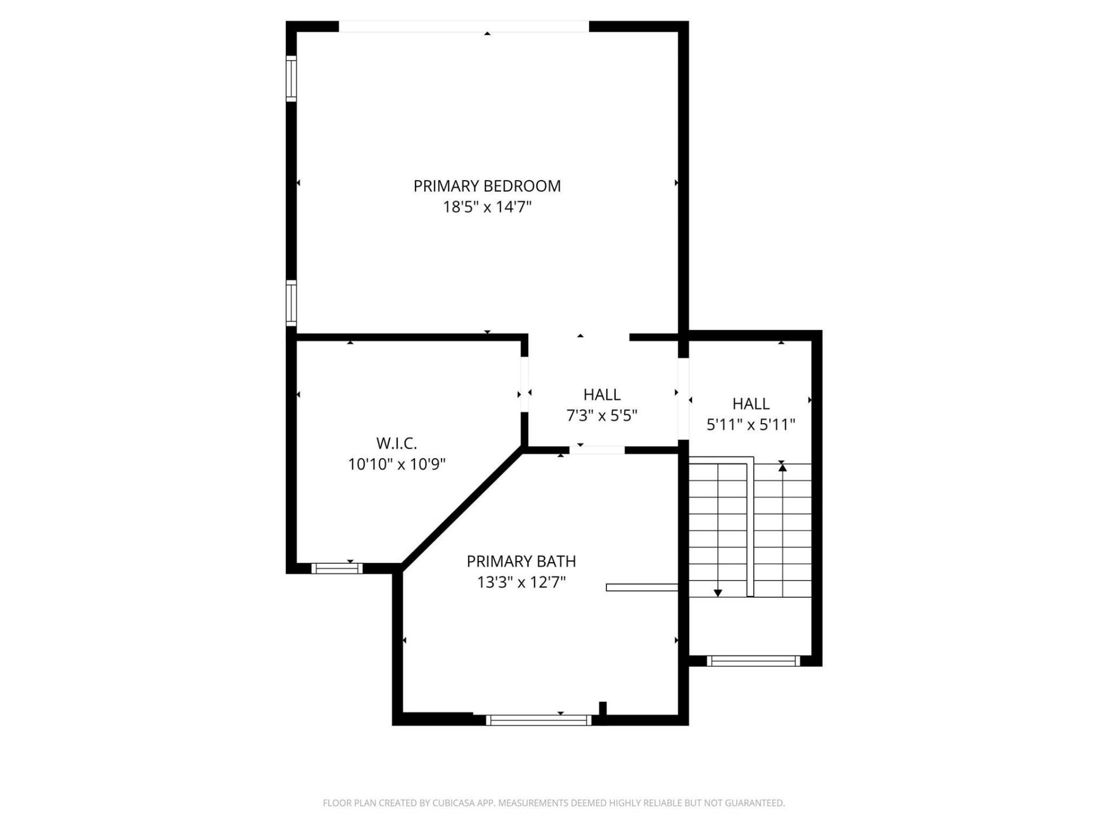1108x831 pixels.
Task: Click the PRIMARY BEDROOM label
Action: (x=486, y=186)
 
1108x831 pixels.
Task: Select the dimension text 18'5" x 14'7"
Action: (x=486, y=207)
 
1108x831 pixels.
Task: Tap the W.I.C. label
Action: (x=396, y=443)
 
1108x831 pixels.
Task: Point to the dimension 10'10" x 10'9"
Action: (x=396, y=464)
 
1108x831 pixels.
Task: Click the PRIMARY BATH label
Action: (x=521, y=561)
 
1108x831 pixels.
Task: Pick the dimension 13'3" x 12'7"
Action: (x=521, y=582)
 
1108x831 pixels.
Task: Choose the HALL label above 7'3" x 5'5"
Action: (x=602, y=395)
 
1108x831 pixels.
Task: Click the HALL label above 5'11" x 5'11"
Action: (x=751, y=404)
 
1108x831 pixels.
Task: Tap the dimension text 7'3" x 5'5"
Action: (x=602, y=415)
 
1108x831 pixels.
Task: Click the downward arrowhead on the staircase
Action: (x=718, y=593)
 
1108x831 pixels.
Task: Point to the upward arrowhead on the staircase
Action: (x=783, y=467)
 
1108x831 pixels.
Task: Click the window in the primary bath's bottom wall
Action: (x=538, y=720)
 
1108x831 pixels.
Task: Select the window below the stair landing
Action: (x=753, y=661)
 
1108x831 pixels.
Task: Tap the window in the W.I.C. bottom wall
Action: (x=337, y=568)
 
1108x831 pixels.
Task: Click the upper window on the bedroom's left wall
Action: (x=291, y=78)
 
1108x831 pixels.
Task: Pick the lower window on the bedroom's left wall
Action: (x=291, y=303)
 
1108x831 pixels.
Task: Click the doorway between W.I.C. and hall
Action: (x=525, y=384)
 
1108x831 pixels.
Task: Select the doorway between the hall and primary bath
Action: (x=597, y=450)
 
